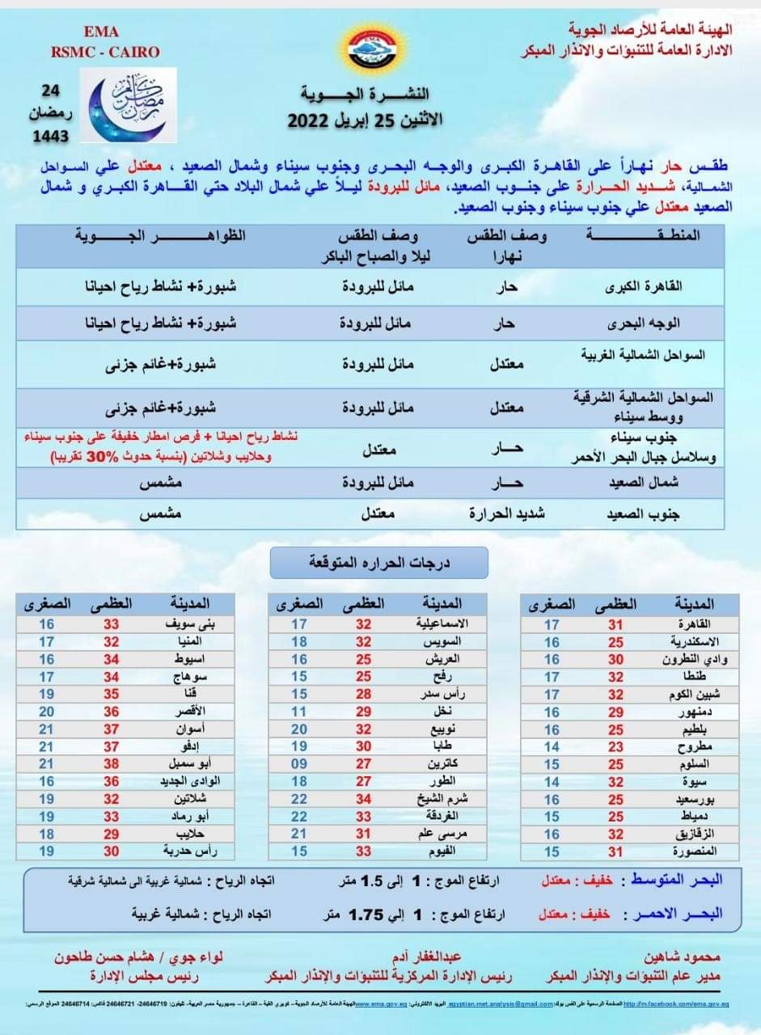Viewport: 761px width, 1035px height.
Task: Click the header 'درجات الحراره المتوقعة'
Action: coord(378,562)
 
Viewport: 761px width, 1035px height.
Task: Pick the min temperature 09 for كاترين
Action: coord(299,764)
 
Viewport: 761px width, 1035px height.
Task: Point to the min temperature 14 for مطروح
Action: coord(552,747)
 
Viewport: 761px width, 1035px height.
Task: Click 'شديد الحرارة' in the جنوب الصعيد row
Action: coord(507,513)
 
